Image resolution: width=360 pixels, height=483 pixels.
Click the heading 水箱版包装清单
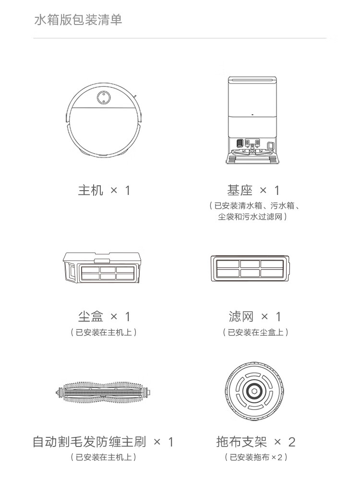[x=78, y=20]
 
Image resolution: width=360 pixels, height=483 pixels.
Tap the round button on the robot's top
[x=102, y=97]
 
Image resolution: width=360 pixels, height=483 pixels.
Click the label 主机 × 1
[x=104, y=190]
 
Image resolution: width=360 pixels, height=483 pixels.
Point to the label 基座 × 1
[x=253, y=190]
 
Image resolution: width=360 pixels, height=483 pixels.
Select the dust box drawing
[x=103, y=268]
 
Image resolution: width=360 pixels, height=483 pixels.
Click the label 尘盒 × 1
[x=104, y=316]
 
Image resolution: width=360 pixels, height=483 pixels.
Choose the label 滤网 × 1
[x=254, y=316]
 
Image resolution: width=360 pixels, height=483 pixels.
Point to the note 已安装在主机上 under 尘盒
[x=104, y=332]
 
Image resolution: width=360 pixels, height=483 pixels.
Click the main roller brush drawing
[x=104, y=393]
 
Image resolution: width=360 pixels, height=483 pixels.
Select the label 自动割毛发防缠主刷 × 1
[x=103, y=441]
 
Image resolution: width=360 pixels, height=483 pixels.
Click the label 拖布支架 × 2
[x=255, y=441]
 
